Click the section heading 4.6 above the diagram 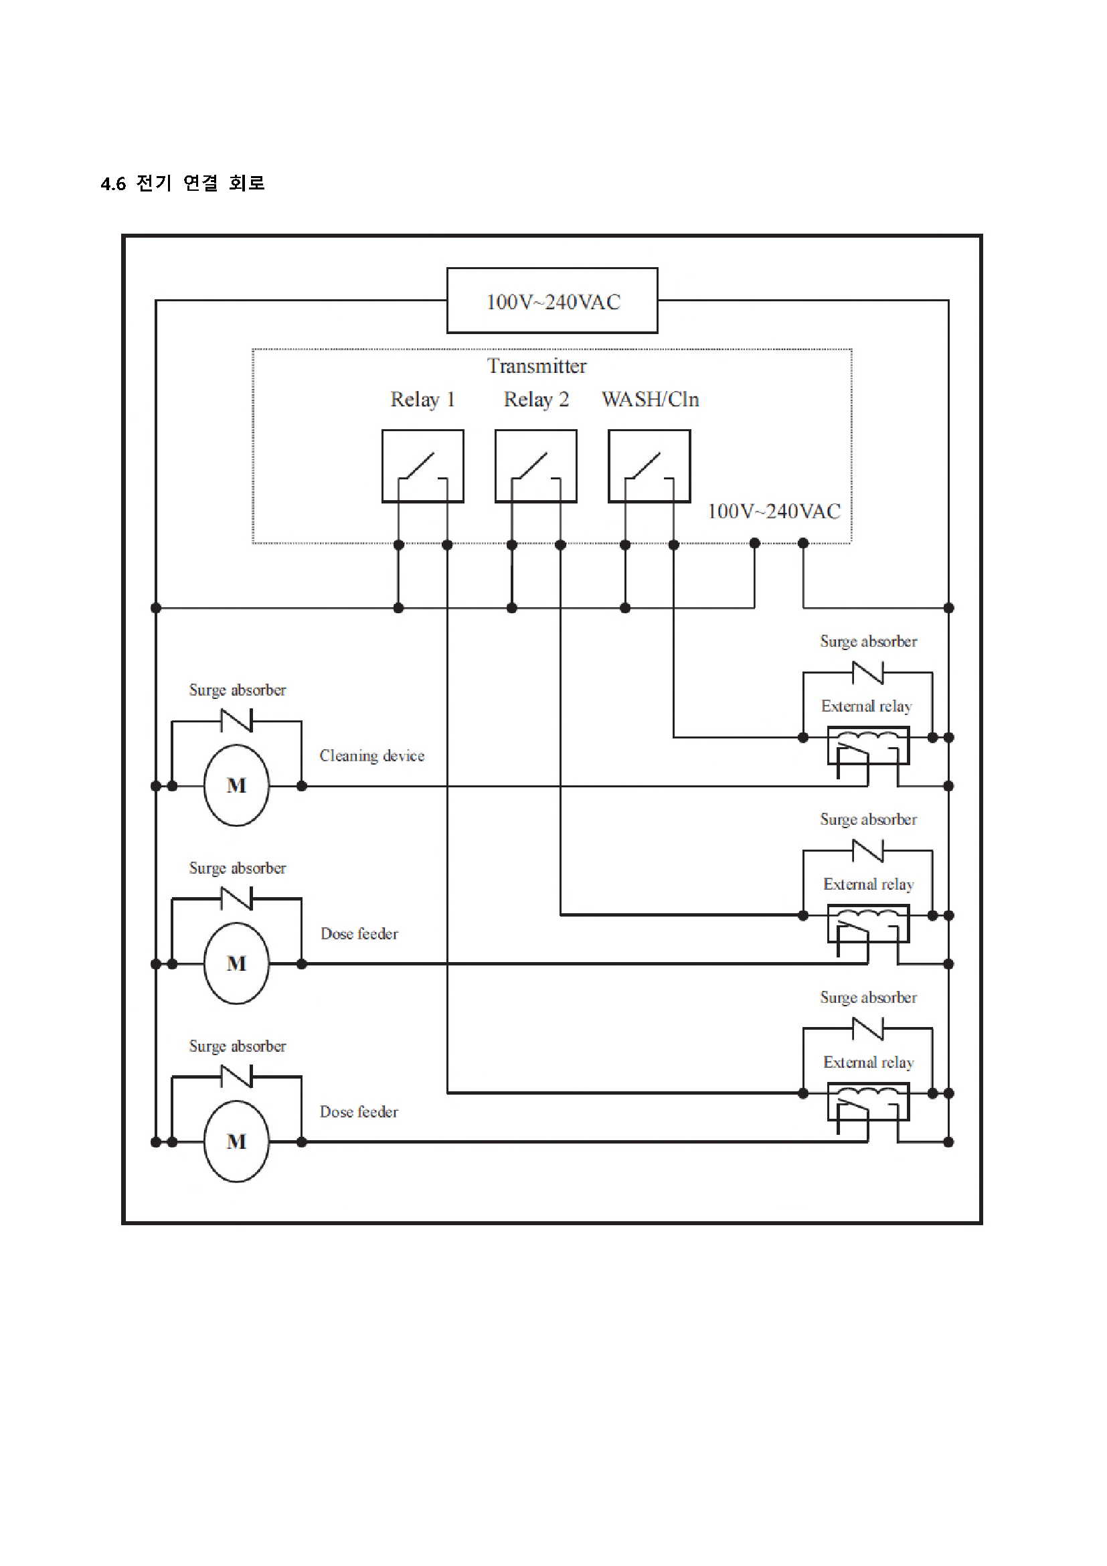(x=183, y=183)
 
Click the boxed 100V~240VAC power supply (x=552, y=301)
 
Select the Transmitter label (x=537, y=366)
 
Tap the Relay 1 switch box (x=422, y=466)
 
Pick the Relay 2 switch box (x=536, y=466)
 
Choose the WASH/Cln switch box (x=649, y=466)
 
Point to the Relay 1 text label (x=422, y=400)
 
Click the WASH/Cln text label (x=651, y=400)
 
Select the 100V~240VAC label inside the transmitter (x=774, y=512)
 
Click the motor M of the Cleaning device (x=236, y=785)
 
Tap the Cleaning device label (x=372, y=756)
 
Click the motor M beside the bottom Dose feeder (x=236, y=1141)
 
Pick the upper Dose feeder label (x=359, y=934)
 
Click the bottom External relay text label (x=869, y=1063)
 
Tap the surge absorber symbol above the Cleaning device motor (x=236, y=721)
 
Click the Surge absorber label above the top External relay (x=869, y=642)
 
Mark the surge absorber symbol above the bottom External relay (x=868, y=1028)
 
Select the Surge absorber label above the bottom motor (x=237, y=1046)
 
